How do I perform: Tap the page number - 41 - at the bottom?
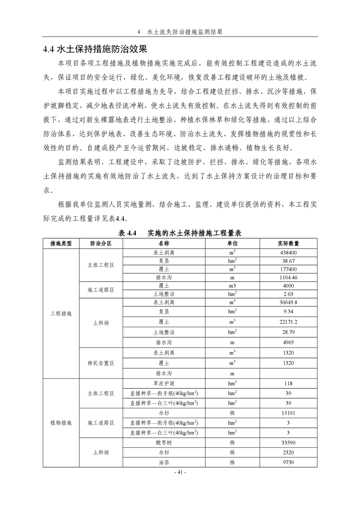click(x=180, y=472)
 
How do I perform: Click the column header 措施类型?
click(x=60, y=244)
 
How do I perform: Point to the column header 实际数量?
click(x=288, y=244)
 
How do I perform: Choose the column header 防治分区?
click(x=100, y=244)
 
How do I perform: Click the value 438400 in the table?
click(x=288, y=253)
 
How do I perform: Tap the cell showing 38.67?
click(x=288, y=261)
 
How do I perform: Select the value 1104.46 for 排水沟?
click(x=288, y=277)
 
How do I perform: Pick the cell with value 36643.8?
click(x=288, y=302)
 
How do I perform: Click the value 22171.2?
click(x=288, y=322)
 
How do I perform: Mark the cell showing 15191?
click(x=288, y=414)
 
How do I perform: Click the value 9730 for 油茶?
click(x=288, y=462)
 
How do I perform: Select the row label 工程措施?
click(x=60, y=313)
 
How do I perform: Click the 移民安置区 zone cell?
click(x=100, y=363)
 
